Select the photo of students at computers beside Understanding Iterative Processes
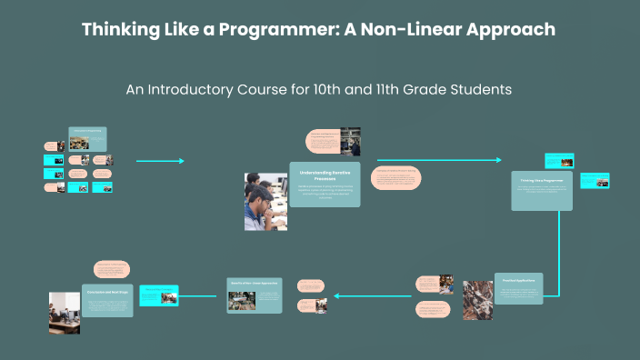(265, 201)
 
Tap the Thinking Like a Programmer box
(542, 190)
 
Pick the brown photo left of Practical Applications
(477, 299)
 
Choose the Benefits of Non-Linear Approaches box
(255, 295)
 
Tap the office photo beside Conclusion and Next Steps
(65, 311)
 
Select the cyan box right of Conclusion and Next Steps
(157, 295)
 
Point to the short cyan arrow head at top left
(181, 161)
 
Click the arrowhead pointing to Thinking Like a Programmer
(497, 160)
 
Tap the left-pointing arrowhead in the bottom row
(338, 295)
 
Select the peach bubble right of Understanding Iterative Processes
(396, 178)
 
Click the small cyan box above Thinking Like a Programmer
(559, 161)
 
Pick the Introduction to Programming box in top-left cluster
(87, 137)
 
